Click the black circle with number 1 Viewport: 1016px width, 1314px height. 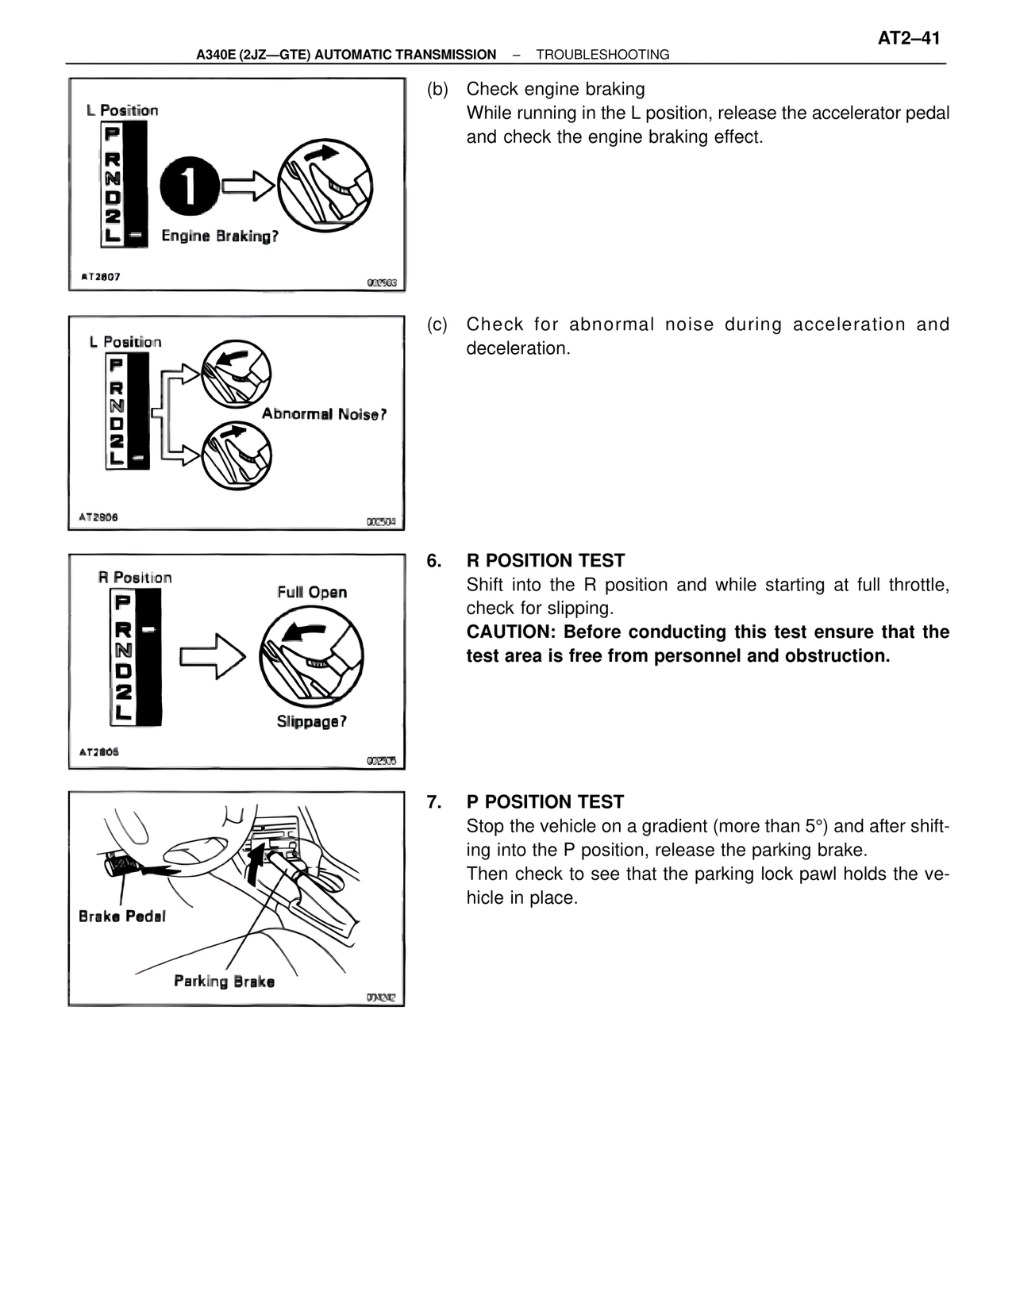click(190, 186)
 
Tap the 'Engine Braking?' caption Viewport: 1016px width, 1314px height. click(220, 236)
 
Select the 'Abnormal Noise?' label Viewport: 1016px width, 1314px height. click(324, 414)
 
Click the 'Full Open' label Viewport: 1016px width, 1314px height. click(312, 592)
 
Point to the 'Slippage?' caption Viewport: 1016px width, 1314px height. click(311, 721)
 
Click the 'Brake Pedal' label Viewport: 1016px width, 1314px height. click(122, 916)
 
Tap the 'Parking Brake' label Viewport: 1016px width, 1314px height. click(224, 982)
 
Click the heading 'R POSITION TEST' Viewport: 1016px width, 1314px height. click(545, 561)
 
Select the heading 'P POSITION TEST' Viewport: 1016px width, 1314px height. click(545, 802)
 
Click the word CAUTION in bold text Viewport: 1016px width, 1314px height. click(509, 632)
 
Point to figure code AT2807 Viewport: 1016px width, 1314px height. click(101, 277)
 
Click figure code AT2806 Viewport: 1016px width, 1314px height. click(99, 751)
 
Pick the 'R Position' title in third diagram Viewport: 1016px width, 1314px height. click(135, 578)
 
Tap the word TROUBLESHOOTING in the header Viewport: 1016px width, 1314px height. click(602, 55)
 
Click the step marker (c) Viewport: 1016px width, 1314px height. click(437, 325)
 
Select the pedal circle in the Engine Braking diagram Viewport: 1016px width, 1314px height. click(325, 184)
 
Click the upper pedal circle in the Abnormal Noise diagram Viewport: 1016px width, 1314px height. click(236, 373)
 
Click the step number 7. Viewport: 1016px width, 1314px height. click(433, 802)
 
